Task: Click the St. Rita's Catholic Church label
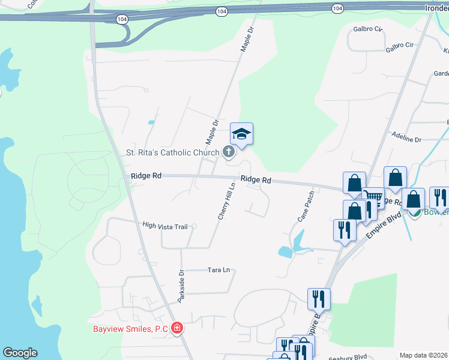pyautogui.click(x=172, y=152)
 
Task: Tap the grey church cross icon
pyautogui.click(x=229, y=152)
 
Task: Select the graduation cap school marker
pyautogui.click(x=241, y=134)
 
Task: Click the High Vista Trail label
pyautogui.click(x=165, y=226)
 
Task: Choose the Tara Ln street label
pyautogui.click(x=218, y=270)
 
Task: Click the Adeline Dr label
pyautogui.click(x=406, y=139)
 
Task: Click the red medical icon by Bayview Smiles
pyautogui.click(x=177, y=328)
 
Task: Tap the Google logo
pyautogui.click(x=20, y=353)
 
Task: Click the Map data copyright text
pyautogui.click(x=424, y=355)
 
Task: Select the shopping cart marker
pyautogui.click(x=373, y=197)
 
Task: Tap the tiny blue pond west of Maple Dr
pyautogui.click(x=151, y=122)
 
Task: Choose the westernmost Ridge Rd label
pyautogui.click(x=146, y=176)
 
